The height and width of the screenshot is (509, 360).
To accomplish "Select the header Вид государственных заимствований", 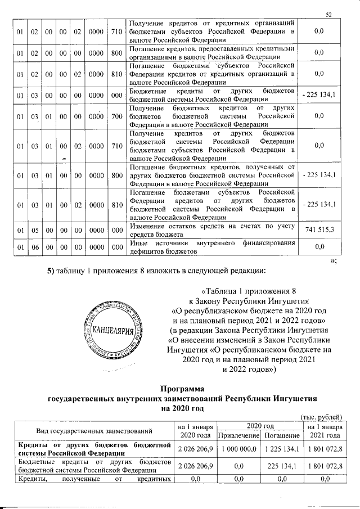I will pos(94,431).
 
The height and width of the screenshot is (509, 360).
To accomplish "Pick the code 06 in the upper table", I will pos(34,246).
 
